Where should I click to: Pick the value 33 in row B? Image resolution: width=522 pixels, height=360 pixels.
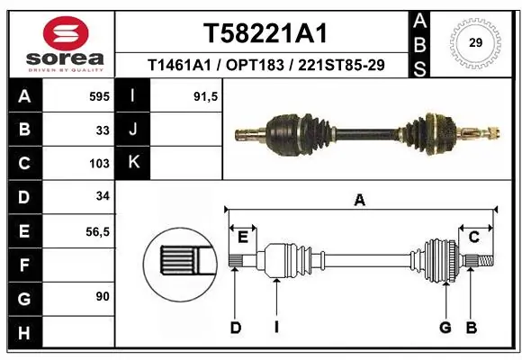pyautogui.click(x=103, y=130)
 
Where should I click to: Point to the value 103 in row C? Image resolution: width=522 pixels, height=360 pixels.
pyautogui.click(x=99, y=164)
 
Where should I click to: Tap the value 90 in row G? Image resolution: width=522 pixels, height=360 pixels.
pyautogui.click(x=102, y=296)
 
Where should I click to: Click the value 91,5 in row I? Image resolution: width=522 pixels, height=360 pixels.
pyautogui.click(x=207, y=95)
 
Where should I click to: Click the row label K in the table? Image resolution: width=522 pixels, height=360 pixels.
pyautogui.click(x=133, y=163)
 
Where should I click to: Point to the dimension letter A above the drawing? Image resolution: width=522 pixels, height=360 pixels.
pyautogui.click(x=360, y=202)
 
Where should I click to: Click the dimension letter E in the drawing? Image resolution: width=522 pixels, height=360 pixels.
pyautogui.click(x=242, y=237)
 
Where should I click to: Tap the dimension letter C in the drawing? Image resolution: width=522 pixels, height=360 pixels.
pyautogui.click(x=472, y=237)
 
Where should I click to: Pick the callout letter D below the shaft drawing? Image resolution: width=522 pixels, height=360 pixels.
pyautogui.click(x=235, y=328)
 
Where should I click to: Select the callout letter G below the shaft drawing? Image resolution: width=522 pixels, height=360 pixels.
pyautogui.click(x=445, y=328)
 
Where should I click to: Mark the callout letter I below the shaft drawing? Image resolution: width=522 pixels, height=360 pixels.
pyautogui.click(x=277, y=328)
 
